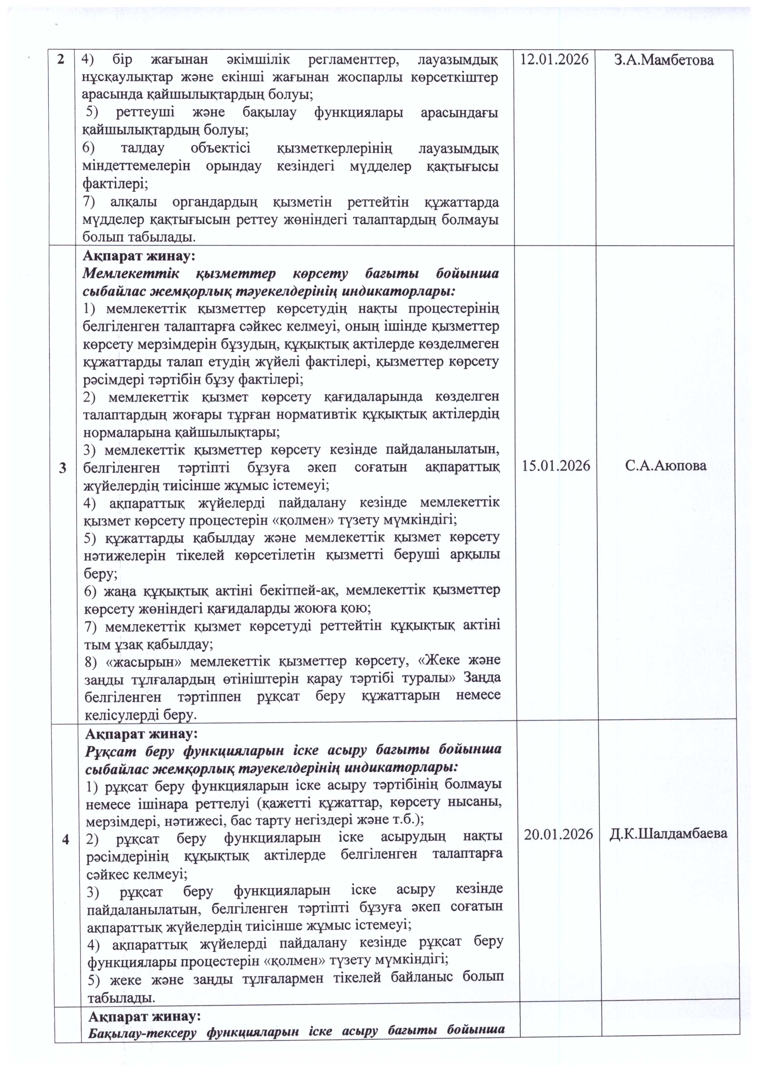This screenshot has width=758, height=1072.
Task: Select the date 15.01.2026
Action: (555, 466)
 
